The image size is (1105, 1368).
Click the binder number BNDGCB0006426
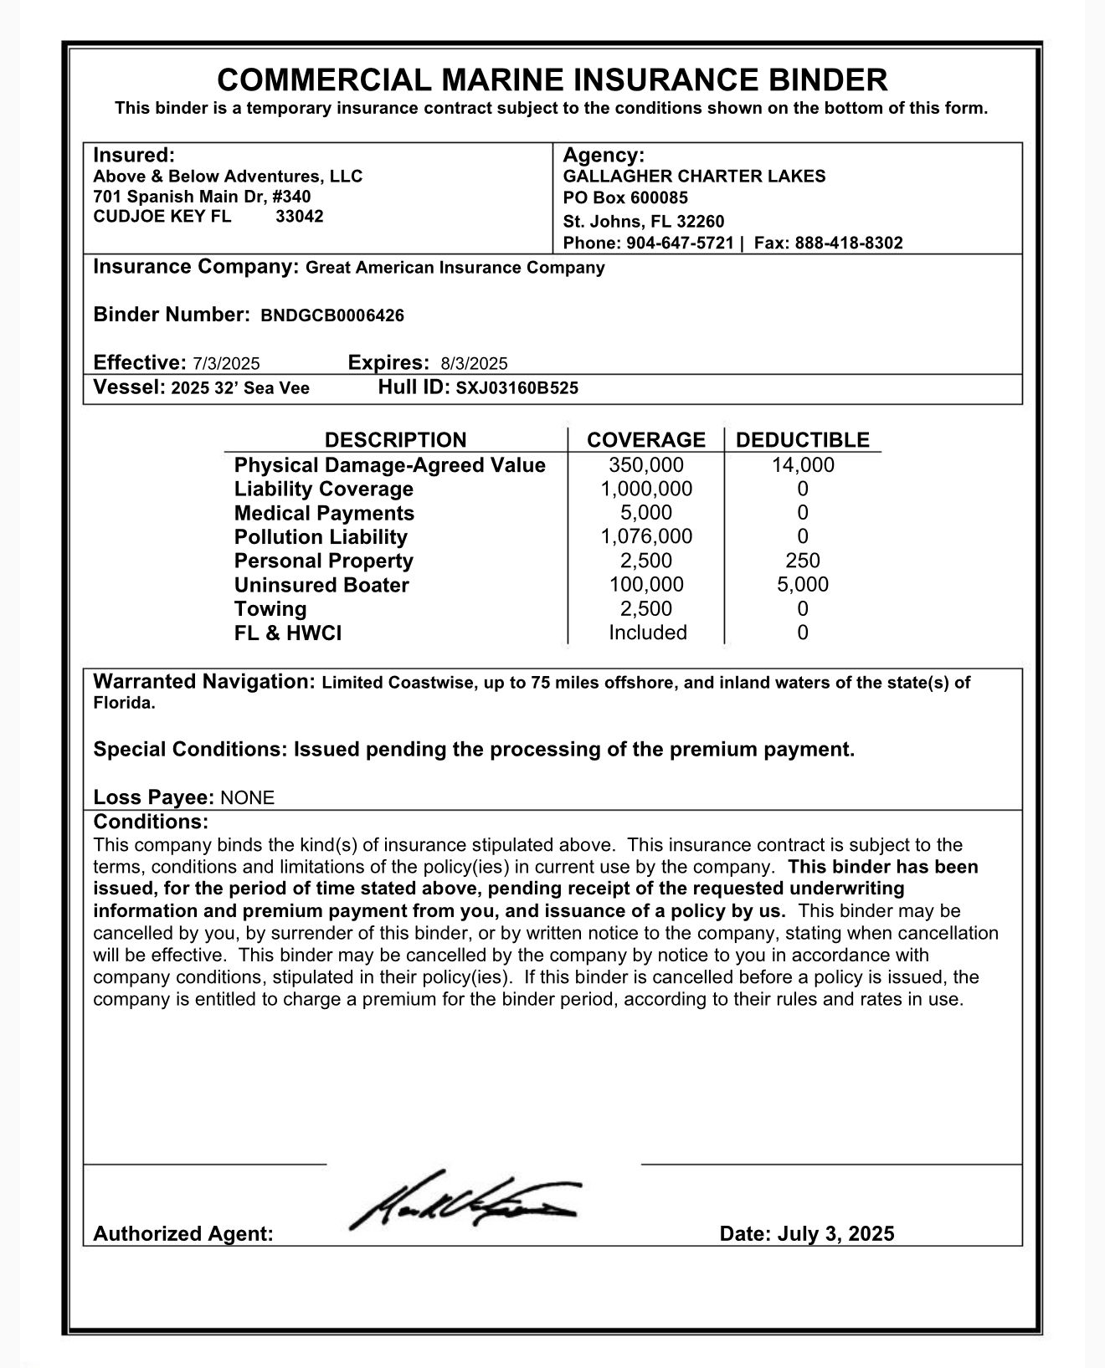click(x=332, y=315)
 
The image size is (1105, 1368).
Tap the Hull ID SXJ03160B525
click(x=517, y=388)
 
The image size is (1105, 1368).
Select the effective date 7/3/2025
click(x=226, y=363)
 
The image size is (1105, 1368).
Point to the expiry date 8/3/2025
click(x=474, y=363)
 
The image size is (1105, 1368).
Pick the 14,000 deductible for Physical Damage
click(x=803, y=465)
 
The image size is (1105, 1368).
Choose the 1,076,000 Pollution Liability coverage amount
click(x=646, y=536)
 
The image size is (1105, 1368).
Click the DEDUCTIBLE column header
click(x=803, y=440)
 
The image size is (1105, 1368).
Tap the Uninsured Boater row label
click(x=321, y=585)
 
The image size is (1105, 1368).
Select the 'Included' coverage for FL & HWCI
click(x=647, y=633)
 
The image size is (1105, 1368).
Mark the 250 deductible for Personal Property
click(x=803, y=561)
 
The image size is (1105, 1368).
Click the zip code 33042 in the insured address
click(x=300, y=217)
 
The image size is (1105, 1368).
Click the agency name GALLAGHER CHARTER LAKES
click(x=694, y=177)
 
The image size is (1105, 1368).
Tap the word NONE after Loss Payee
click(x=247, y=797)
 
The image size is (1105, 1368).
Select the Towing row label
click(x=270, y=609)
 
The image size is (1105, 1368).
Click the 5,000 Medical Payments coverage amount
click(x=646, y=513)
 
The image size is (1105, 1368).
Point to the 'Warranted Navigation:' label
click(x=203, y=682)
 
